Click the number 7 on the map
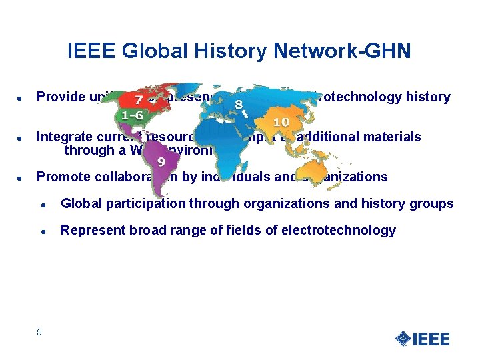pos(138,100)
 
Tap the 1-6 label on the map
pos(132,115)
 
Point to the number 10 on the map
pos(281,122)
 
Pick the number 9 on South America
pos(161,161)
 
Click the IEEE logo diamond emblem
pos(402,339)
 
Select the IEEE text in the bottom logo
pos(431,339)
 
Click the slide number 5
pos(39,332)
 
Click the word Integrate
pos(65,137)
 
